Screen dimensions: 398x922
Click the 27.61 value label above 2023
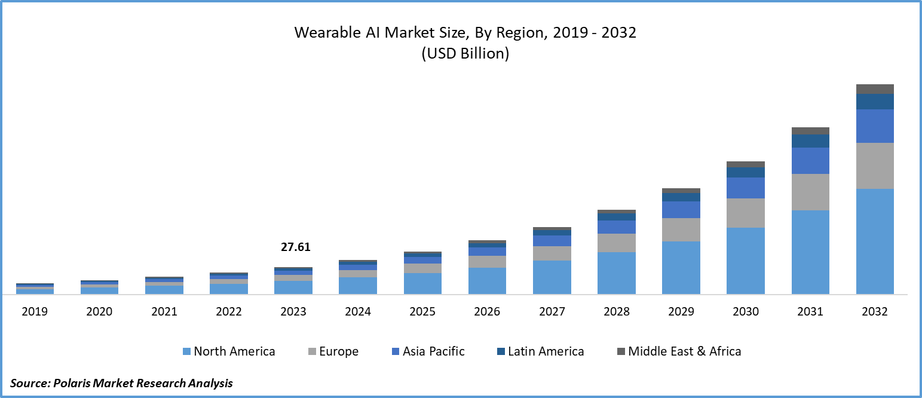[296, 247]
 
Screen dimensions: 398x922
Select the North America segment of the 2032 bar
[875, 241]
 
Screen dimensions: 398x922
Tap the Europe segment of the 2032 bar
[875, 166]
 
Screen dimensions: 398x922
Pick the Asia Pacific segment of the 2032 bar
[875, 125]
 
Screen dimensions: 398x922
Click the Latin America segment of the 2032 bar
[875, 101]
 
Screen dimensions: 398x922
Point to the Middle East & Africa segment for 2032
[875, 89]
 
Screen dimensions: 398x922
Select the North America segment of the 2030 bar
[745, 261]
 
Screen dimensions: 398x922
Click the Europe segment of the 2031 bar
[810, 192]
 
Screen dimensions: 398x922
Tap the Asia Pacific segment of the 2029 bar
[681, 209]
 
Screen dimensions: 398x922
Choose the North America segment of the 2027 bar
[552, 277]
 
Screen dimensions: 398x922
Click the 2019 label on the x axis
[35, 311]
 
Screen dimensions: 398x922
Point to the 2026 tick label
[487, 311]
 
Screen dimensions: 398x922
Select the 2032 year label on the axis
[875, 311]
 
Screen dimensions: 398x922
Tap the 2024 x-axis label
[358, 311]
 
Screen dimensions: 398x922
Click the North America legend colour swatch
[186, 352]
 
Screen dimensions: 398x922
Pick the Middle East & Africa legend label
[684, 351]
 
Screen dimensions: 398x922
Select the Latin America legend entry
[546, 351]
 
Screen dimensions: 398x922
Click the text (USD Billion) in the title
[465, 54]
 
